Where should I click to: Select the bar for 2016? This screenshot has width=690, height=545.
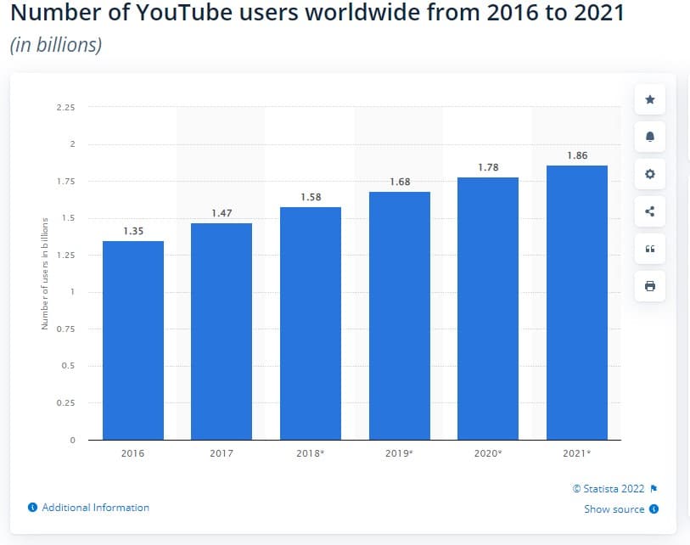click(132, 340)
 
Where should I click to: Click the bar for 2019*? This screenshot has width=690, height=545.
click(399, 315)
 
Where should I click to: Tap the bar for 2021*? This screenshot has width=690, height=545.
click(576, 302)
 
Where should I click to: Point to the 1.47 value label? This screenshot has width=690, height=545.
click(222, 213)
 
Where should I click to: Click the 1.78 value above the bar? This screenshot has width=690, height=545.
click(488, 167)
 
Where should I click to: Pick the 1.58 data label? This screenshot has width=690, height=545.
click(311, 197)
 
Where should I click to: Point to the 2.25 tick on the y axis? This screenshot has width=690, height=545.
click(65, 108)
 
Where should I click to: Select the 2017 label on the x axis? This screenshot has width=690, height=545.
click(222, 453)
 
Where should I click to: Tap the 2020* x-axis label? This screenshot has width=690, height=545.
click(488, 453)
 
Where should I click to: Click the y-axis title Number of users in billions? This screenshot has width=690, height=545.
click(44, 274)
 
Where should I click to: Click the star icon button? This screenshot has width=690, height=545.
click(650, 100)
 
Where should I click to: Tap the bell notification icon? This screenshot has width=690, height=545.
click(650, 137)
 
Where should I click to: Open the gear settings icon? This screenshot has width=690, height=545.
click(650, 174)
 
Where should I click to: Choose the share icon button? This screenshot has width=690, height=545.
click(650, 211)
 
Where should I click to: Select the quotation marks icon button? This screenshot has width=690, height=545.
click(650, 249)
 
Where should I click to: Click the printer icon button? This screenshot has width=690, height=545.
click(650, 286)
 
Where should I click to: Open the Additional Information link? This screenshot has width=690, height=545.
click(95, 508)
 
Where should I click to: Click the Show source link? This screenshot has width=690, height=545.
click(614, 509)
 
